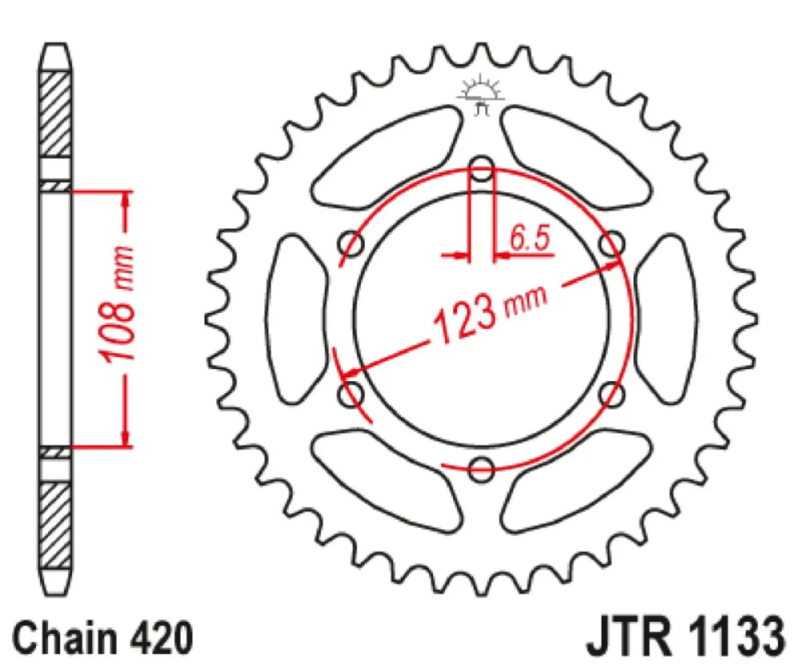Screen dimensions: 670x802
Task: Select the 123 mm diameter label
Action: [489, 314]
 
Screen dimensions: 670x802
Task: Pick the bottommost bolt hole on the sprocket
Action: [481, 468]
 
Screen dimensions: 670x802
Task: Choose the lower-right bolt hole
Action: [611, 394]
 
